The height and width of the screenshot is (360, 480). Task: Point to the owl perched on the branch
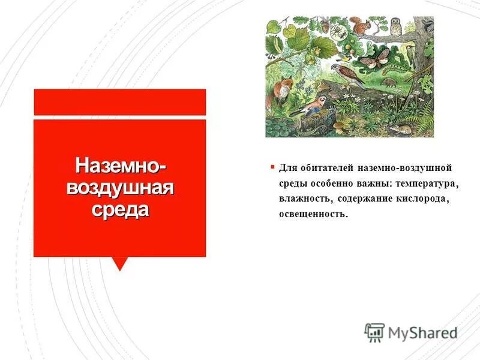[395, 28]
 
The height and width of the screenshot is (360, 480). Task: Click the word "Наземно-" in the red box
[120, 164]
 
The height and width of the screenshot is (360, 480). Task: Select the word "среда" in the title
[120, 211]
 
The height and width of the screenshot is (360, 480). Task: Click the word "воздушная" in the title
[120, 187]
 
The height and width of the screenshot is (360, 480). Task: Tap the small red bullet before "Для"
[272, 167]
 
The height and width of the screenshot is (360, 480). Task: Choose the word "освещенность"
[313, 214]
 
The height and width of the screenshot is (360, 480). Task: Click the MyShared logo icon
[374, 332]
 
